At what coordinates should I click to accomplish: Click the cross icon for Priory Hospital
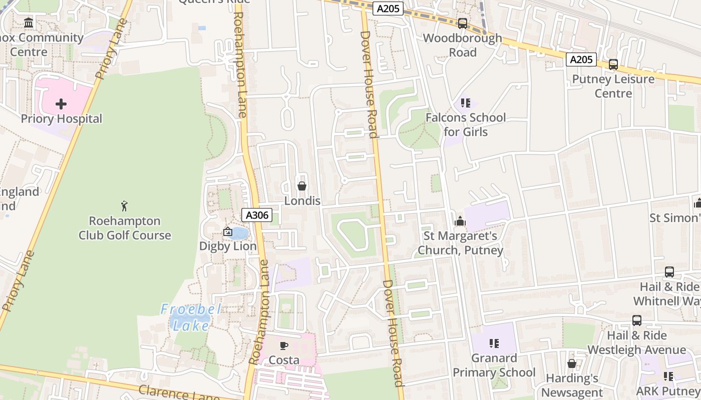[61, 104]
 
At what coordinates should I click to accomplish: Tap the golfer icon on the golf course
[124, 205]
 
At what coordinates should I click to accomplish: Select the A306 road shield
[257, 215]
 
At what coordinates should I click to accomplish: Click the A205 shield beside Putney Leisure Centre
[581, 60]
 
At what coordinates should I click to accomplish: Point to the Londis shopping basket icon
[302, 186]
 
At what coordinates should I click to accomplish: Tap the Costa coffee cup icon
[284, 345]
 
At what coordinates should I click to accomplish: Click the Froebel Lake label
[191, 317]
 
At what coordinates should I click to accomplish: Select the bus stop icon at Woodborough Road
[463, 23]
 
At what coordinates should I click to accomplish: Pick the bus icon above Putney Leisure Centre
[613, 64]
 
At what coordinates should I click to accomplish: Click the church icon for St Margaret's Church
[460, 221]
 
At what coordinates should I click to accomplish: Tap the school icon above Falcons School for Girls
[466, 103]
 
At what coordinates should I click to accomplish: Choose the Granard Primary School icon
[494, 343]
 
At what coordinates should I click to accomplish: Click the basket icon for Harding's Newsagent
[572, 363]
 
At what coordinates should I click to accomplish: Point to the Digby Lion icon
[228, 231]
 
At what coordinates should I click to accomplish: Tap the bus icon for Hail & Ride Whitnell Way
[669, 272]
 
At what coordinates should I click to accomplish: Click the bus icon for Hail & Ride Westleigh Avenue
[637, 320]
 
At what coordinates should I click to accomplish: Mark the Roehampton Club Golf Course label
[125, 228]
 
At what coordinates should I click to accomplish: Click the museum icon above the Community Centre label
[29, 23]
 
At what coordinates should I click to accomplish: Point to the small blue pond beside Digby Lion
[240, 233]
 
